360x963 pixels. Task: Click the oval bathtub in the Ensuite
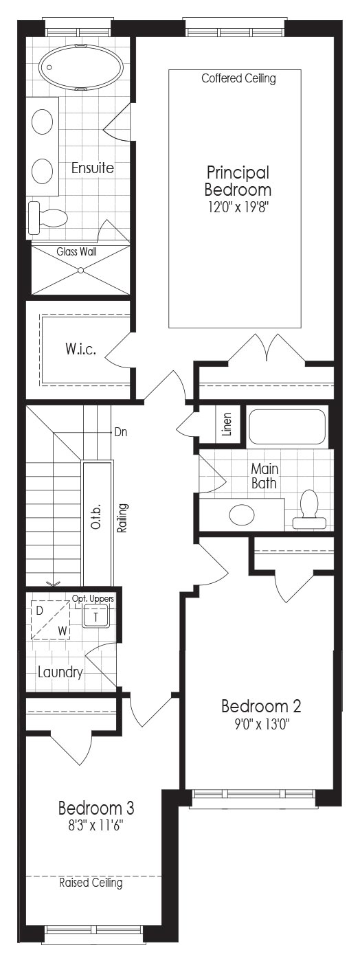pos(80,67)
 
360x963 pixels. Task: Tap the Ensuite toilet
pos(47,218)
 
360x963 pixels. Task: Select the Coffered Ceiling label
pos(238,78)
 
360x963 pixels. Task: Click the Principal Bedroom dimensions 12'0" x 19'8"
pos(238,208)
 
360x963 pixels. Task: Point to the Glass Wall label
pos(76,251)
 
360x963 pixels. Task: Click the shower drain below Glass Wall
pos(80,270)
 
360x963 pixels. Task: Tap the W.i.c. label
pos(80,349)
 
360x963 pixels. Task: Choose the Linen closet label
pos(227,424)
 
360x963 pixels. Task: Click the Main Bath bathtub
pos(287,427)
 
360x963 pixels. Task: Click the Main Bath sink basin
pos(242,514)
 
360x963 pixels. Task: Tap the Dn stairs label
pos(121,432)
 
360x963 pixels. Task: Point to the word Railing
pos(122,519)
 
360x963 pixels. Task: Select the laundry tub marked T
pos(96,617)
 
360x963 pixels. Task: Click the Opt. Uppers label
pos(93,598)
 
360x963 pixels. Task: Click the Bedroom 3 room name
pos(96,808)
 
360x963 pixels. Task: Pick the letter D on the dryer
pos(39,611)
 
